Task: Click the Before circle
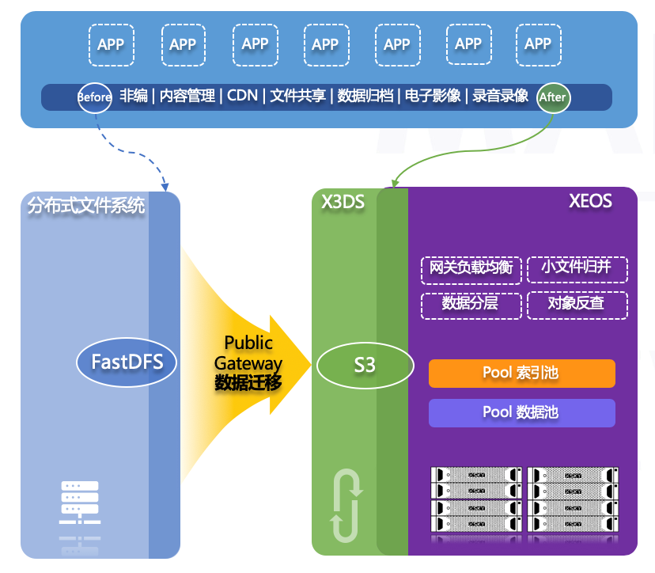point(94,97)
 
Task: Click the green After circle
point(552,97)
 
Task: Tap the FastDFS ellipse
point(127,362)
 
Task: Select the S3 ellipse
point(365,366)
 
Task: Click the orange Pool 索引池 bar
point(521,373)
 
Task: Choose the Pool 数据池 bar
point(521,412)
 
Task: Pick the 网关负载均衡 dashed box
point(471,268)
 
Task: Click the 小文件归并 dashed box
point(576,268)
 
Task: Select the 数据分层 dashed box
point(471,305)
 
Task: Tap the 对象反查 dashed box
point(576,305)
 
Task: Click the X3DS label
point(343,202)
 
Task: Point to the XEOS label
point(590,202)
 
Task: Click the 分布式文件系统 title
point(86,206)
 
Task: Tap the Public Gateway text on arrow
point(248,353)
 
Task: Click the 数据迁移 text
point(248,382)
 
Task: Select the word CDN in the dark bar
point(242,96)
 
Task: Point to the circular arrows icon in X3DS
point(346,507)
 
